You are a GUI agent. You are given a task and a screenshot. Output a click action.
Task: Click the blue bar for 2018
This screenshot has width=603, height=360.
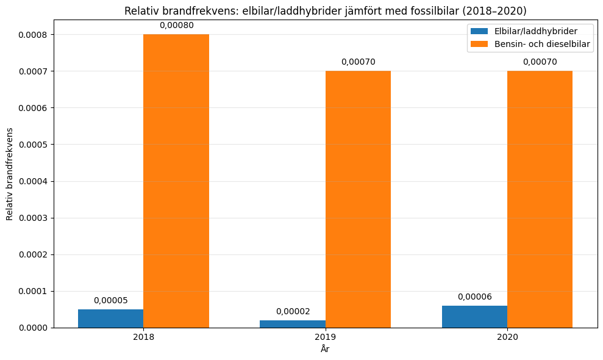pyautogui.click(x=110, y=319)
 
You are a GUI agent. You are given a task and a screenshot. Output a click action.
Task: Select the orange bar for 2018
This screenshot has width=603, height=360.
pyautogui.click(x=176, y=181)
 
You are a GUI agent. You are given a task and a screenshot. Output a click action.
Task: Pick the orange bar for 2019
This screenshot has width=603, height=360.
pyautogui.click(x=358, y=200)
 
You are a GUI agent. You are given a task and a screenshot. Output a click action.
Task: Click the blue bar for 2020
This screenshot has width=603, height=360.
pyautogui.click(x=474, y=317)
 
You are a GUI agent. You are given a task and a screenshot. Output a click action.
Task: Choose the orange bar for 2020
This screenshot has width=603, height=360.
pyautogui.click(x=540, y=200)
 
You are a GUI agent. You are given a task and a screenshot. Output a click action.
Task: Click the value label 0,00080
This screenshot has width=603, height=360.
pyautogui.click(x=176, y=25)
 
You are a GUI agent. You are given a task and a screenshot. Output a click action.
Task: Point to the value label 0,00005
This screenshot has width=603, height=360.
pyautogui.click(x=110, y=300)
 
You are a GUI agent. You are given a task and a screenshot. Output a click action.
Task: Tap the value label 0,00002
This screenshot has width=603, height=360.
pyautogui.click(x=292, y=311)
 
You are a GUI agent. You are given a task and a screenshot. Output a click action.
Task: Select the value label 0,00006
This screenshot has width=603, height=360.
pyautogui.click(x=474, y=297)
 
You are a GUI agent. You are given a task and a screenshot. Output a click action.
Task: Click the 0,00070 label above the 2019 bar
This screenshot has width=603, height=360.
pyautogui.click(x=358, y=62)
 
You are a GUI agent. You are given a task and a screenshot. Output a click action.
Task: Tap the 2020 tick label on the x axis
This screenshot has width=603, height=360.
pyautogui.click(x=507, y=337)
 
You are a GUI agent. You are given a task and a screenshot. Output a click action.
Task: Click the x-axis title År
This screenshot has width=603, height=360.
pyautogui.click(x=325, y=349)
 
